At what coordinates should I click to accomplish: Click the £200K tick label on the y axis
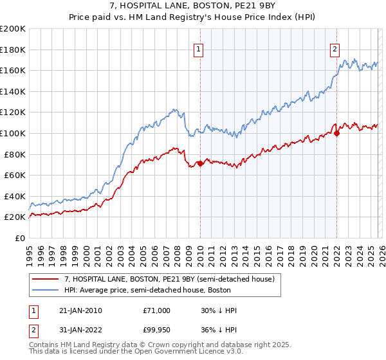(13, 29)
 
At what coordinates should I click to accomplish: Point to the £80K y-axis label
(15, 154)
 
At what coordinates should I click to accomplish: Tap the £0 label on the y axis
(21, 238)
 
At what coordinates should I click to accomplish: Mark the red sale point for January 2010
(200, 164)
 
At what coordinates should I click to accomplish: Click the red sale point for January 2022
(336, 133)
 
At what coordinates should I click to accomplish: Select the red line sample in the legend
(46, 279)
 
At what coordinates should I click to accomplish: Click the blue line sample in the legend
(46, 291)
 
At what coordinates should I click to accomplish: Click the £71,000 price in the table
(156, 310)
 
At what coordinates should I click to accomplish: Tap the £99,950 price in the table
(156, 330)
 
